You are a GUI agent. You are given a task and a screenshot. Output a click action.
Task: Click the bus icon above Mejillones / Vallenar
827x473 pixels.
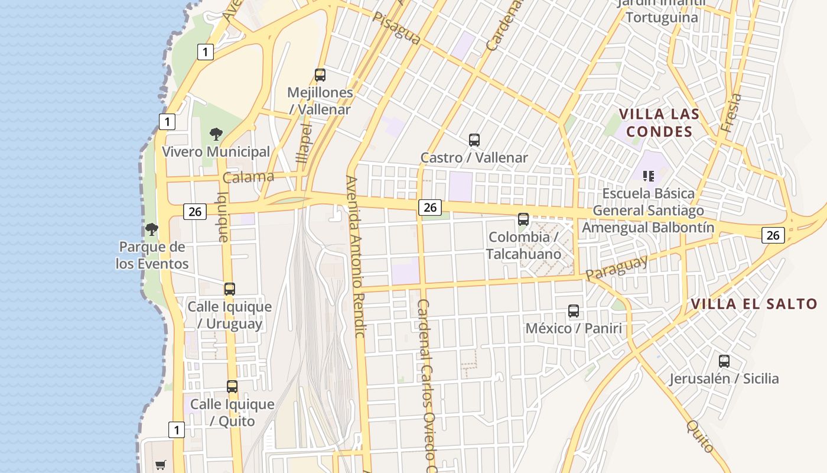click(320, 75)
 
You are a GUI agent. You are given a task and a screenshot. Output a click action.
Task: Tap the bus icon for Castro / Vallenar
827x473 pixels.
click(474, 140)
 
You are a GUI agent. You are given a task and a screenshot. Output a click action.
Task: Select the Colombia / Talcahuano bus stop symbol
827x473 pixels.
click(523, 219)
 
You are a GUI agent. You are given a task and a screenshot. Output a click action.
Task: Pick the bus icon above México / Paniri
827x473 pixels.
click(574, 311)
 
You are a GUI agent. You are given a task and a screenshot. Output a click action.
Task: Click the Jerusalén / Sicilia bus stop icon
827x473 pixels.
click(724, 361)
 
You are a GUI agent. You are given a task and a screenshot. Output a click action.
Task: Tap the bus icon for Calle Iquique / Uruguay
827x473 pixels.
click(230, 289)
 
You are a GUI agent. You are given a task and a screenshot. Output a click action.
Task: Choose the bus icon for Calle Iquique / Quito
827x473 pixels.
click(232, 387)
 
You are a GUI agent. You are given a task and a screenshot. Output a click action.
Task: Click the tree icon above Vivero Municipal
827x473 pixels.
click(216, 134)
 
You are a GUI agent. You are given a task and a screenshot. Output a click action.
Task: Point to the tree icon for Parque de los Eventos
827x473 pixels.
click(152, 229)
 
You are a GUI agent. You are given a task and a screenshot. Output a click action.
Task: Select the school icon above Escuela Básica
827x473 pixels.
click(649, 176)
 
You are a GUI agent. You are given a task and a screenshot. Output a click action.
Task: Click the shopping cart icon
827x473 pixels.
click(160, 465)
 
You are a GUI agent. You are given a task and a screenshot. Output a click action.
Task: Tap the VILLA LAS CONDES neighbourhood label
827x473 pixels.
click(659, 122)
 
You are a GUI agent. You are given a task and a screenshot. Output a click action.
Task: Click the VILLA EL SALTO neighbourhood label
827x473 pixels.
click(754, 304)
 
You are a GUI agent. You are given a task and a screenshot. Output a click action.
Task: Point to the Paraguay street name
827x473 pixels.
click(617, 267)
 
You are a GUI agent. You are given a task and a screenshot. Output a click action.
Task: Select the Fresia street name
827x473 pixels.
click(731, 112)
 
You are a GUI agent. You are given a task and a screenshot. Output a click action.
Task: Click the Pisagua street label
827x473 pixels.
click(397, 29)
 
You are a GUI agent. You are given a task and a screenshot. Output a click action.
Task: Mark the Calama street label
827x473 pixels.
click(248, 177)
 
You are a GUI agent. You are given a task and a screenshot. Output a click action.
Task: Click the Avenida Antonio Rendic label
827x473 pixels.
click(356, 257)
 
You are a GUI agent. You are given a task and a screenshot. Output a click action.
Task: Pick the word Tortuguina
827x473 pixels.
click(662, 17)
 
